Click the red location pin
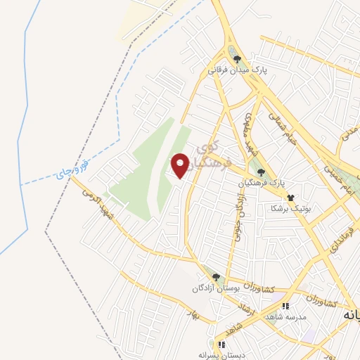[x=180, y=165]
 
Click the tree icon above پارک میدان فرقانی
[x=238, y=59]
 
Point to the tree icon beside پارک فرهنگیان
[x=261, y=172]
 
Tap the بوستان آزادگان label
[x=217, y=288]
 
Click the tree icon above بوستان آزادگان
[x=217, y=277]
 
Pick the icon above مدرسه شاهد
[x=285, y=306]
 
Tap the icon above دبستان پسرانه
[x=221, y=345]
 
